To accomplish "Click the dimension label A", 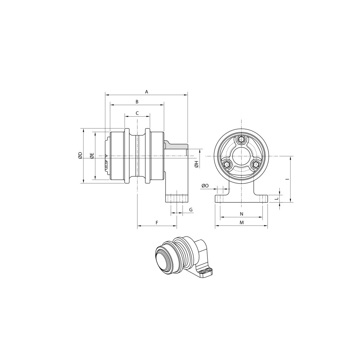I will coord(147,92).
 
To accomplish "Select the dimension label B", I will coord(137,102).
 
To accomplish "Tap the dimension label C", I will coord(137,113).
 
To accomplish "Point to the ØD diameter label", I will coord(80,156).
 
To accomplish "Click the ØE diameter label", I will coord(92,156).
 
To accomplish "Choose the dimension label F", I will coord(157,223).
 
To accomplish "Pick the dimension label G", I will coord(191,210).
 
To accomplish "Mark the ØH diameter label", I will coord(196,164).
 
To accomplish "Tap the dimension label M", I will coord(242,223).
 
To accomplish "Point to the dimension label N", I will coord(241,214).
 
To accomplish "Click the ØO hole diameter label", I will coord(205,185).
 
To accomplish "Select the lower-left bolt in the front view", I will coord(226,165).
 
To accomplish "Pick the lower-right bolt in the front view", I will coord(256,165).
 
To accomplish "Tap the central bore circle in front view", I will coord(241,156).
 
